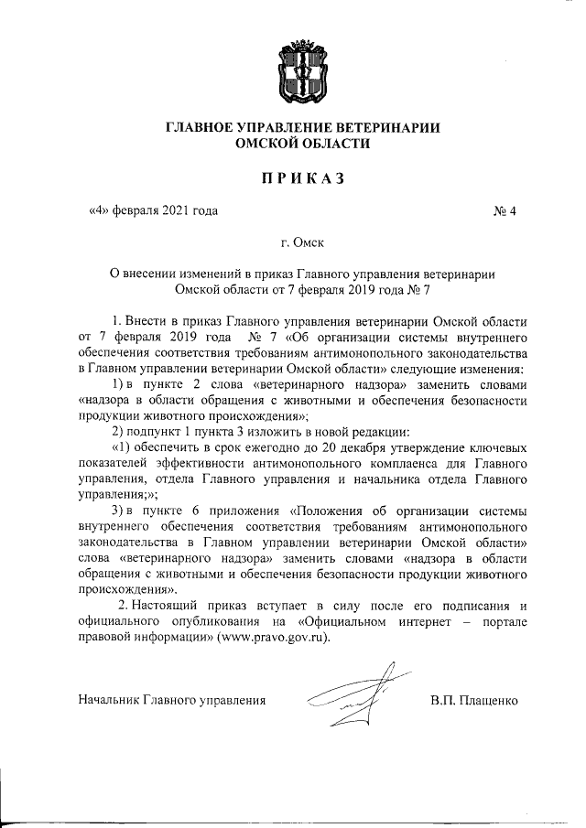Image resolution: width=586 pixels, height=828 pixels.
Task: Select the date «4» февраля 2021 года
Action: point(153,212)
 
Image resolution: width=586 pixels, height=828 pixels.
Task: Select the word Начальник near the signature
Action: point(108,701)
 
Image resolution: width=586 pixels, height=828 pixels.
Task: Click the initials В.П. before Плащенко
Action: point(443,701)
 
